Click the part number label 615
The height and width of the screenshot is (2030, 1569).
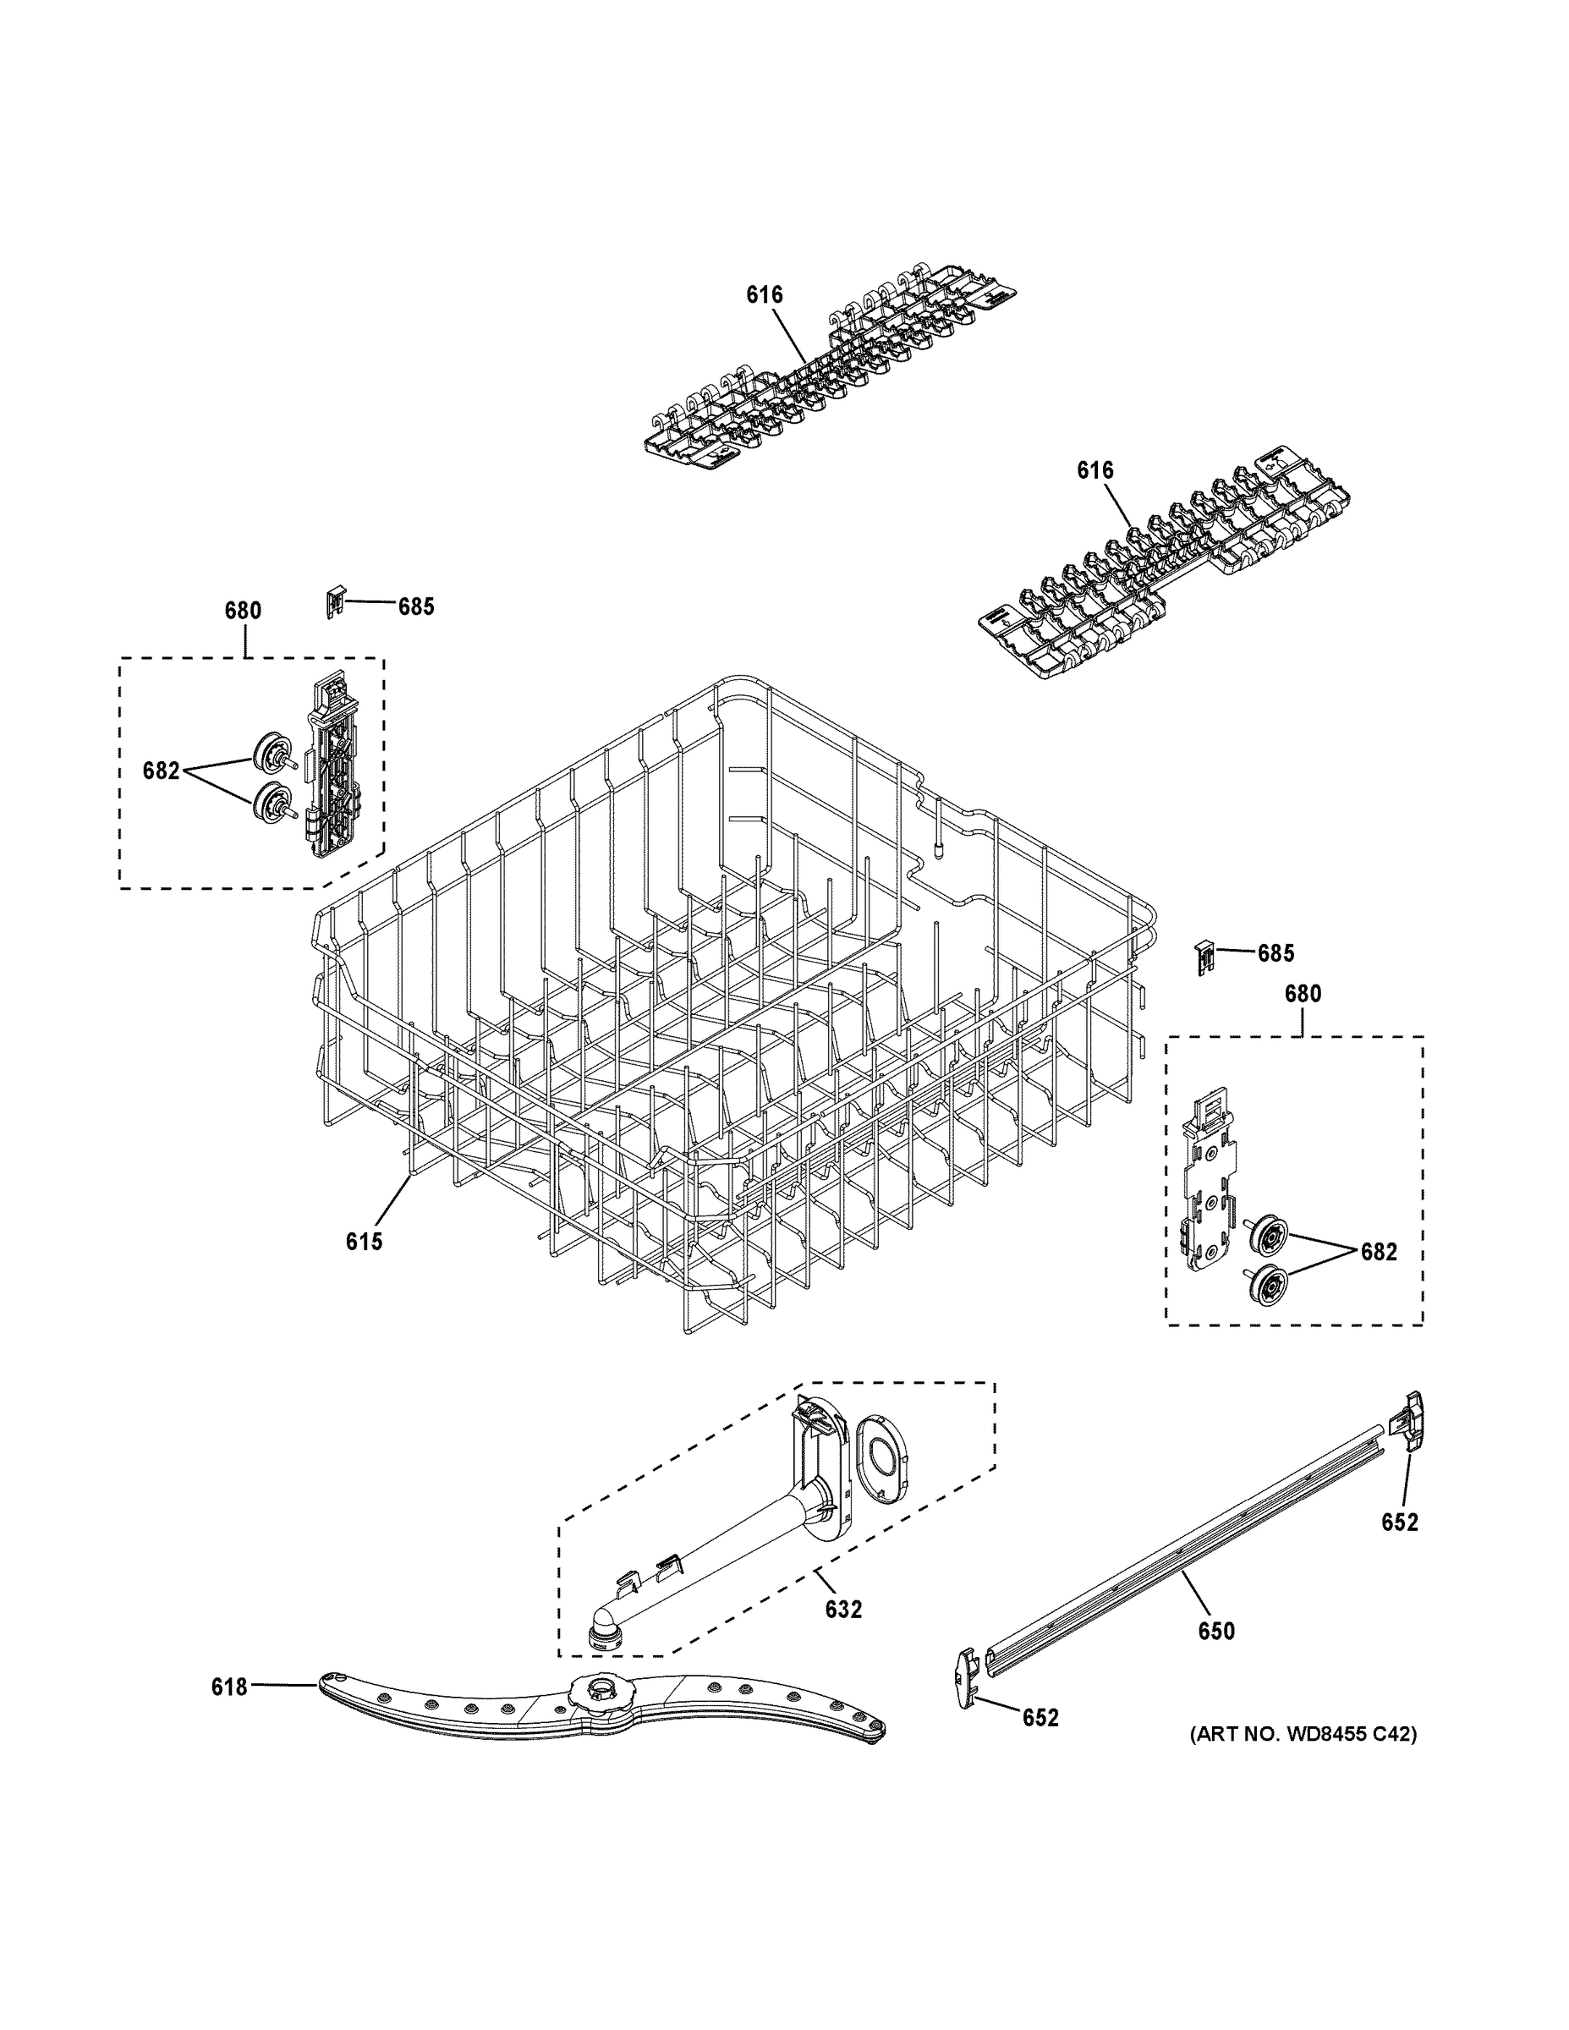click(364, 1241)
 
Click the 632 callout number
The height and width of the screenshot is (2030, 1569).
click(843, 1609)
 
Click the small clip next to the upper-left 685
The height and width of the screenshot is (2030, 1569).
click(335, 601)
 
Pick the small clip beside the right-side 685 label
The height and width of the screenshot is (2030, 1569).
click(1204, 956)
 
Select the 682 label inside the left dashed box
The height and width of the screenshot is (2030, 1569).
click(161, 771)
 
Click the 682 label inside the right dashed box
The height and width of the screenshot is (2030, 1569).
click(1378, 1252)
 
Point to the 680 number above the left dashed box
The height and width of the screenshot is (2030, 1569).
click(243, 611)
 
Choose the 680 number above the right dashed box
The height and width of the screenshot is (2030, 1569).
click(1303, 994)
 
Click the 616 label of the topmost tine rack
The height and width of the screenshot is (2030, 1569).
click(764, 294)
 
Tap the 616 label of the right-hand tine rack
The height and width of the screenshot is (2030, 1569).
click(1095, 470)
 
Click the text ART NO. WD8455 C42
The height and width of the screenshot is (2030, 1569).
click(1303, 1733)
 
